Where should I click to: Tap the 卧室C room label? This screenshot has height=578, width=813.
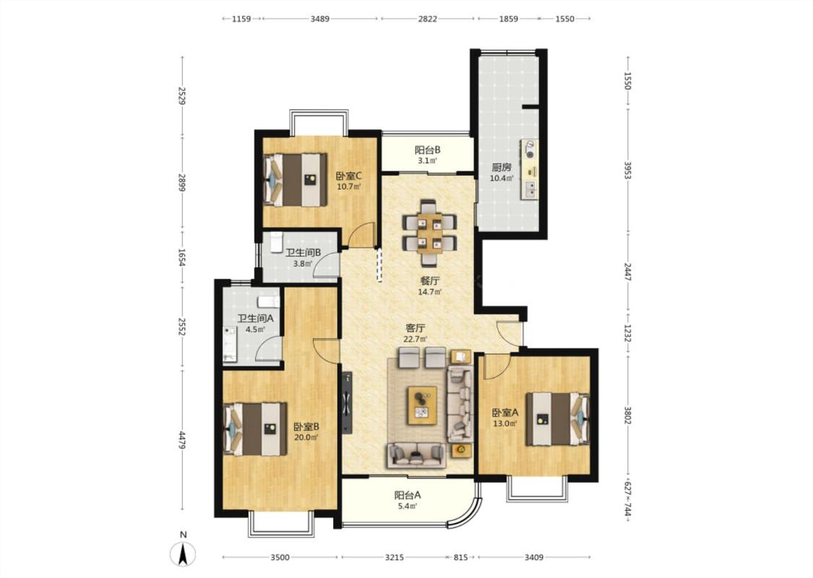[348, 176]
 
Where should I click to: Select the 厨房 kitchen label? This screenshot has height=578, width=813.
[502, 168]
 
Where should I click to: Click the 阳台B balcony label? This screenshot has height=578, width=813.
[427, 150]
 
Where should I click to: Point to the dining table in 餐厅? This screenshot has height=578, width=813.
[430, 233]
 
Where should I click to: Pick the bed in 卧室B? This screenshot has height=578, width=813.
[255, 429]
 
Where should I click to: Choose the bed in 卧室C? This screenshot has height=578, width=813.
[295, 179]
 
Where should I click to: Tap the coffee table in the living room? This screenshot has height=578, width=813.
[422, 405]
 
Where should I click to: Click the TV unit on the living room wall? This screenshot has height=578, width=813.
[347, 402]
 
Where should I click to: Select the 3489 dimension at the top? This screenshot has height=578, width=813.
[320, 19]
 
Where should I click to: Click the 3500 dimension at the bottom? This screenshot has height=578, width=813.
[280, 557]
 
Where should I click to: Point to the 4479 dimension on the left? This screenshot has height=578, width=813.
[182, 440]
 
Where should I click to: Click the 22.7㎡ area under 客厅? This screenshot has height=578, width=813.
[416, 339]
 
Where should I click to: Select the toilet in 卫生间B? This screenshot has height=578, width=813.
[275, 242]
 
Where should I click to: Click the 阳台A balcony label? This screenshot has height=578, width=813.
[408, 495]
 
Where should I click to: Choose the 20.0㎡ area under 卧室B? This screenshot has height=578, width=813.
[306, 437]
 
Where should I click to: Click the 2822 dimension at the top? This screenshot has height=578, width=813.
[427, 19]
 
